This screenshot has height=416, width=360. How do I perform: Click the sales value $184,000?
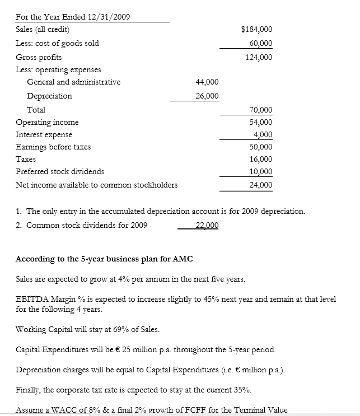[256, 29]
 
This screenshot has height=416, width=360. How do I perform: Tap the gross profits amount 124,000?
[258, 57]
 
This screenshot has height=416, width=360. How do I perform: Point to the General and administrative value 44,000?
[207, 82]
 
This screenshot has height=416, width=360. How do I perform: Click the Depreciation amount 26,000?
[207, 96]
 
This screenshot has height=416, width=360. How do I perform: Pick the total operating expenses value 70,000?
[260, 110]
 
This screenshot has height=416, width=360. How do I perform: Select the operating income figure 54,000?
[260, 122]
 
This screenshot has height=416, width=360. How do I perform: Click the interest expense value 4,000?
[263, 134]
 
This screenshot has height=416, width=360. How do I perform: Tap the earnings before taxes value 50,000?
[260, 147]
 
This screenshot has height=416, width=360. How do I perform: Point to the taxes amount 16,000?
[260, 159]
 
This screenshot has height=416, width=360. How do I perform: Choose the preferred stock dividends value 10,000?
[260, 171]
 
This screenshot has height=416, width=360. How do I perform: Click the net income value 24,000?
[260, 185]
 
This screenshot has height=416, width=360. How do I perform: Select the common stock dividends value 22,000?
[207, 225]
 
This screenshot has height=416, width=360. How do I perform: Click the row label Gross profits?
[39, 57]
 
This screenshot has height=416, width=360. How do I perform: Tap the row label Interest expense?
[44, 134]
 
